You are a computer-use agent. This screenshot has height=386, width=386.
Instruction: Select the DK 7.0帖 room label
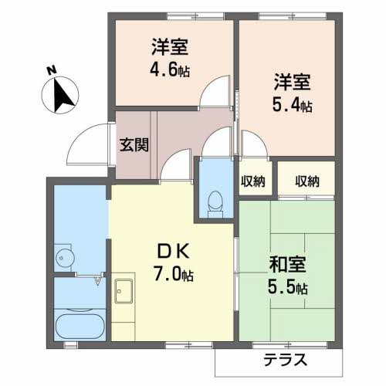pos(174,262)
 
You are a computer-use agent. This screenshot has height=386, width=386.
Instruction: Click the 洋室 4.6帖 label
pos(171,56)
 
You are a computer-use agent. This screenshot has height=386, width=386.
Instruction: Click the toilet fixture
pos(215,202)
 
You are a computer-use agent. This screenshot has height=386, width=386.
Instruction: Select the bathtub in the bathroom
pos(80,324)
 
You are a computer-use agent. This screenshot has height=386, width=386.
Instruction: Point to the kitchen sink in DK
pos(124,293)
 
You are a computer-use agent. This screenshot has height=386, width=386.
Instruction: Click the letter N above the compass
pos(51,70)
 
